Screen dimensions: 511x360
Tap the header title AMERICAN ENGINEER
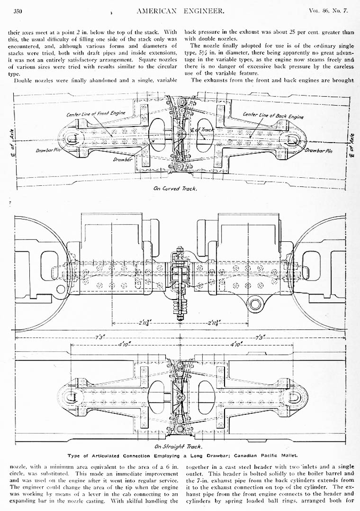180,10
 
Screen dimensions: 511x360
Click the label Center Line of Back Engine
273,115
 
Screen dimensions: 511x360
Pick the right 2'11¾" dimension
216,323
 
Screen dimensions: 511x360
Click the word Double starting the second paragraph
24,80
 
